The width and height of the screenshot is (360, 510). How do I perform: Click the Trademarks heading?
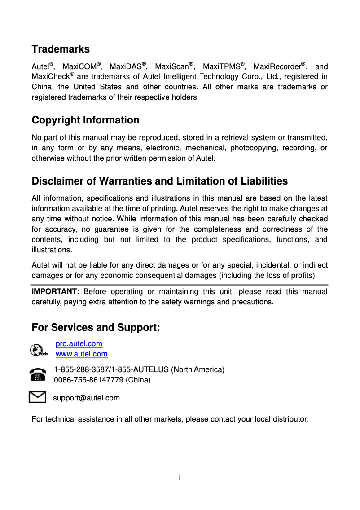tap(61, 49)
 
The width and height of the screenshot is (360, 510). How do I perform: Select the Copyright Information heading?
tap(85, 120)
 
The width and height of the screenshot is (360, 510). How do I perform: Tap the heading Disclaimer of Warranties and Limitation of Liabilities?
tap(160, 181)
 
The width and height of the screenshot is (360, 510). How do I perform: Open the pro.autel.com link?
tap(79, 344)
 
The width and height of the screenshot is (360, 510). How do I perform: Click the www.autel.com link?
tap(82, 354)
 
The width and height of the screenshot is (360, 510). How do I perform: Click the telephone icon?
tap(38, 375)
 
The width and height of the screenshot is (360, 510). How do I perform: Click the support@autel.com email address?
tap(87, 398)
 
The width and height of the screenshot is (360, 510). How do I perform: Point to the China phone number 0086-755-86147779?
tap(88, 380)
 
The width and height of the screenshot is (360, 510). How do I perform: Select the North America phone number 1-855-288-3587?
tap(82, 370)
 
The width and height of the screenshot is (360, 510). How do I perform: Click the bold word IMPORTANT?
tap(53, 292)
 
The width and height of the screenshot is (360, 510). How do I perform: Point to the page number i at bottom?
tap(180, 477)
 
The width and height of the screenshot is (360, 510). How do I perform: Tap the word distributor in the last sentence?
tap(290, 420)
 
